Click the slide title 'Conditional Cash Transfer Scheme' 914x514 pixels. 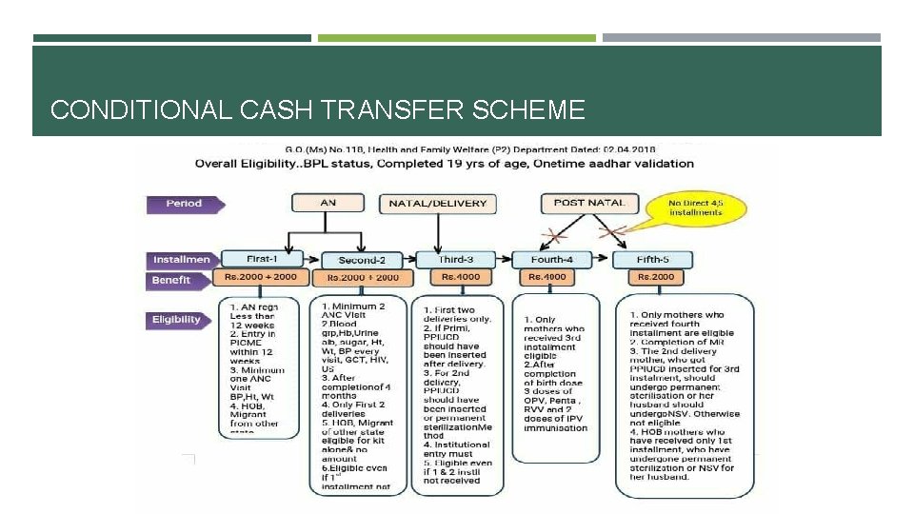317,110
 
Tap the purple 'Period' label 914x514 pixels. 185,204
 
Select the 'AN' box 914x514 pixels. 328,203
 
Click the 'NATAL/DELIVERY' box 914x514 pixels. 437,203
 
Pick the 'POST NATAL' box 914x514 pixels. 589,202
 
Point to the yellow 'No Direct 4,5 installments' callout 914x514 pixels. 696,207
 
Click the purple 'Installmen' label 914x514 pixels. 181,259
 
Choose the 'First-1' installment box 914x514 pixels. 261,258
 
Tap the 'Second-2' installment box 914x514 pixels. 362,260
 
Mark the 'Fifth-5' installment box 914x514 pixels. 651,259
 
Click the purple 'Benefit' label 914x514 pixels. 172,280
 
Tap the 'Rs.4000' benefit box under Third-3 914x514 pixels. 461,277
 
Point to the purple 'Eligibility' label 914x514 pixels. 177,320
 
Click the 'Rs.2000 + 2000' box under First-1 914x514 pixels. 260,277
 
